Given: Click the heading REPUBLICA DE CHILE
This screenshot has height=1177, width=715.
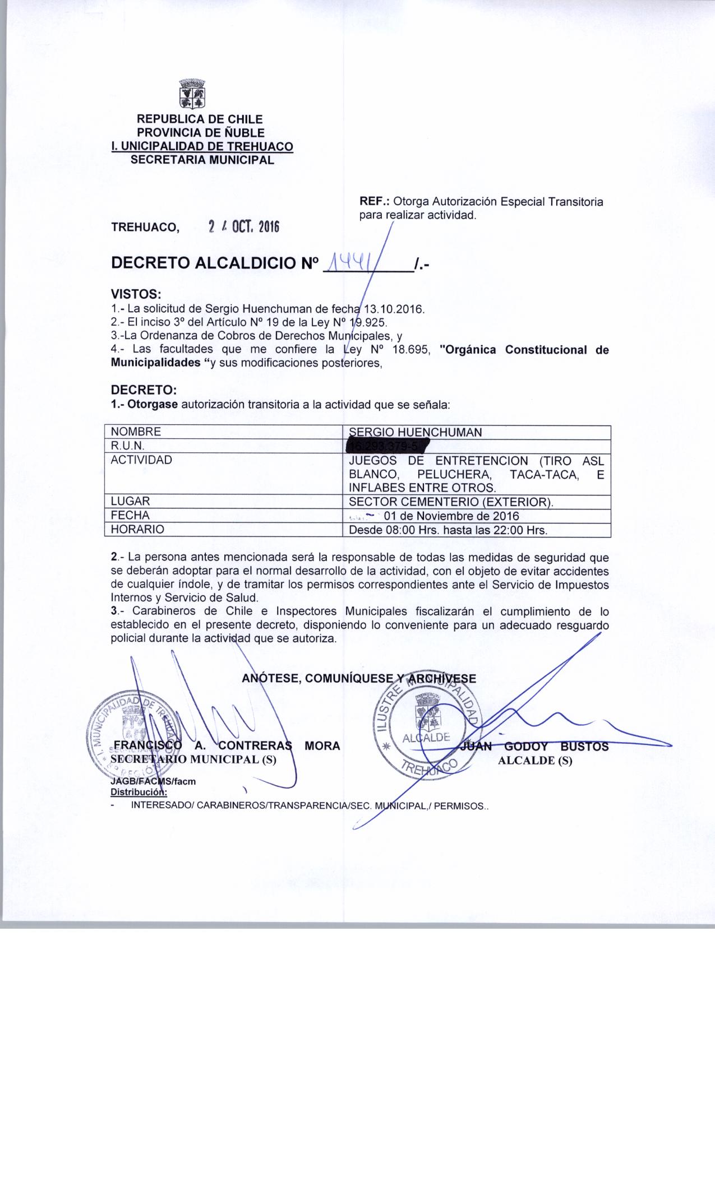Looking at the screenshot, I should click(x=200, y=119).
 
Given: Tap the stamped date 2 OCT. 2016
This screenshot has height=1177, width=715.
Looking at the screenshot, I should click(x=243, y=227).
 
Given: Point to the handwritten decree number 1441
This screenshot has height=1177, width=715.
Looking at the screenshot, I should click(x=353, y=262).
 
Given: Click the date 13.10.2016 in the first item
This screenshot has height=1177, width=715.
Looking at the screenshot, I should click(x=395, y=309).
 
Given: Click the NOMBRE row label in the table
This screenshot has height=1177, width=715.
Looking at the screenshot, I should click(x=136, y=432).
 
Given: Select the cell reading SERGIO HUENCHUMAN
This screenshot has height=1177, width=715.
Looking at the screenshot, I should click(x=415, y=432).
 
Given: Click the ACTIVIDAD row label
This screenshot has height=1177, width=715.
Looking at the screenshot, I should click(x=141, y=460).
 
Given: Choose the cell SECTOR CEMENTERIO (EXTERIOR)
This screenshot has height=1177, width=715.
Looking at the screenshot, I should click(x=451, y=502).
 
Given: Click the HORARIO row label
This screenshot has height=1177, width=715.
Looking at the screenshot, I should click(x=137, y=530).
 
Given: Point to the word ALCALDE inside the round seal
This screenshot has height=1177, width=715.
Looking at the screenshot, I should click(x=427, y=738).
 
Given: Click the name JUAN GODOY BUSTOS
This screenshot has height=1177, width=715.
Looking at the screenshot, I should click(x=533, y=747).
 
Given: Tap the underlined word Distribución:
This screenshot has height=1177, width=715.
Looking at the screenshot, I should click(x=139, y=793).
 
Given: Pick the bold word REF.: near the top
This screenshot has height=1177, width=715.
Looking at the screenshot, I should click(x=375, y=202).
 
